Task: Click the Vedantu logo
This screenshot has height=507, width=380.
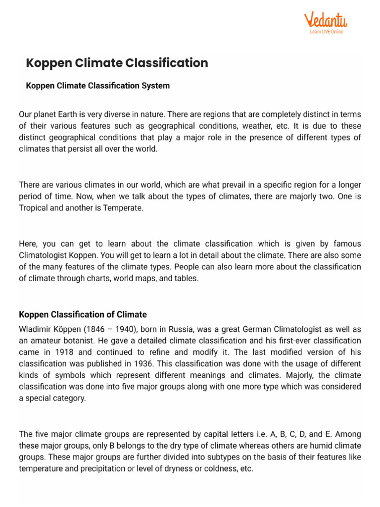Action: click(x=325, y=20)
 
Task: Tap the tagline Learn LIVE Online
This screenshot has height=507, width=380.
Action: click(x=326, y=32)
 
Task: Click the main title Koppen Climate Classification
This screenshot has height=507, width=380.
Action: click(x=117, y=63)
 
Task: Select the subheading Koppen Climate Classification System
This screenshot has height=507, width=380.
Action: click(x=97, y=86)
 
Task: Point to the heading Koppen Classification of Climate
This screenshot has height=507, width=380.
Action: click(x=83, y=314)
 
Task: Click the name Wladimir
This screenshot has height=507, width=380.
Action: click(x=35, y=330)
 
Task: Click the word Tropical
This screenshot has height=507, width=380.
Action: click(x=35, y=208)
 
